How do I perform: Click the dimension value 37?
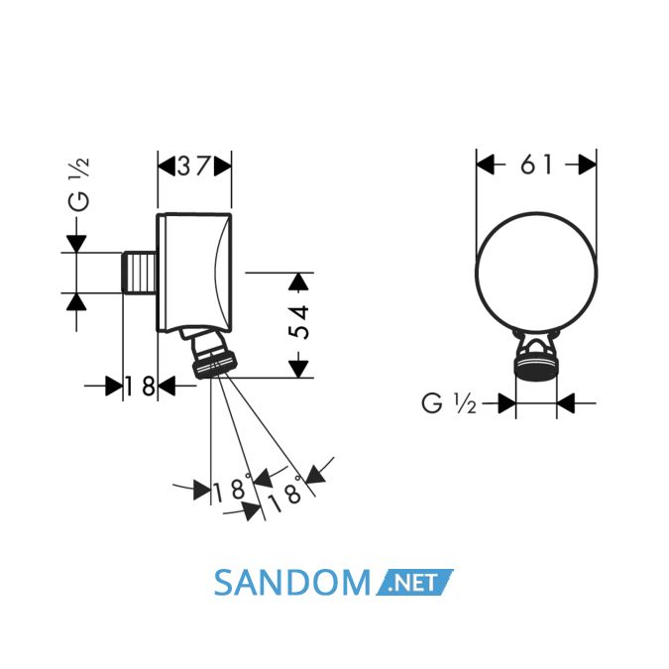(x=194, y=166)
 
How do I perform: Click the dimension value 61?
(x=536, y=165)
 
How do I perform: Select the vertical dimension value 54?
(x=298, y=322)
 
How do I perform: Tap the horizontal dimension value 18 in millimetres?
(x=141, y=387)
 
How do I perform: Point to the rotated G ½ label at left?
(x=79, y=184)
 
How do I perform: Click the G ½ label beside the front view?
(x=449, y=403)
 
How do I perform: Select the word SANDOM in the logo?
(x=291, y=583)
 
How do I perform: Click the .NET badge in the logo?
(x=414, y=583)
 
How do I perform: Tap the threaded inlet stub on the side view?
(x=140, y=274)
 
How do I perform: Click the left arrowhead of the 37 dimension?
(x=167, y=166)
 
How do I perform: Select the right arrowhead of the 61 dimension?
(x=587, y=165)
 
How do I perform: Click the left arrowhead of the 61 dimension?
(x=485, y=165)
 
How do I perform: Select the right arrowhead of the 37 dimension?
(x=223, y=166)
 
